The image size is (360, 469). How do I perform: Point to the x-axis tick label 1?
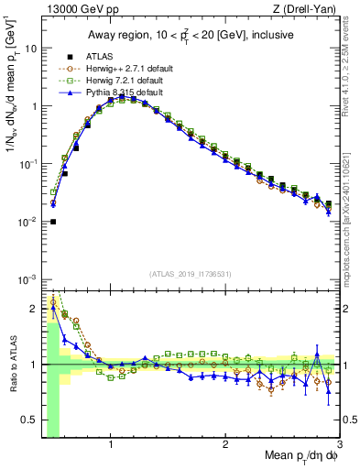point(111,446)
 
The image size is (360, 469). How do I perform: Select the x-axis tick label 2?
point(225,446)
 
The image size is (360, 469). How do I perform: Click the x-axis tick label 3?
point(339,446)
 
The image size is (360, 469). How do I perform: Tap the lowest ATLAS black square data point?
point(53,221)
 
